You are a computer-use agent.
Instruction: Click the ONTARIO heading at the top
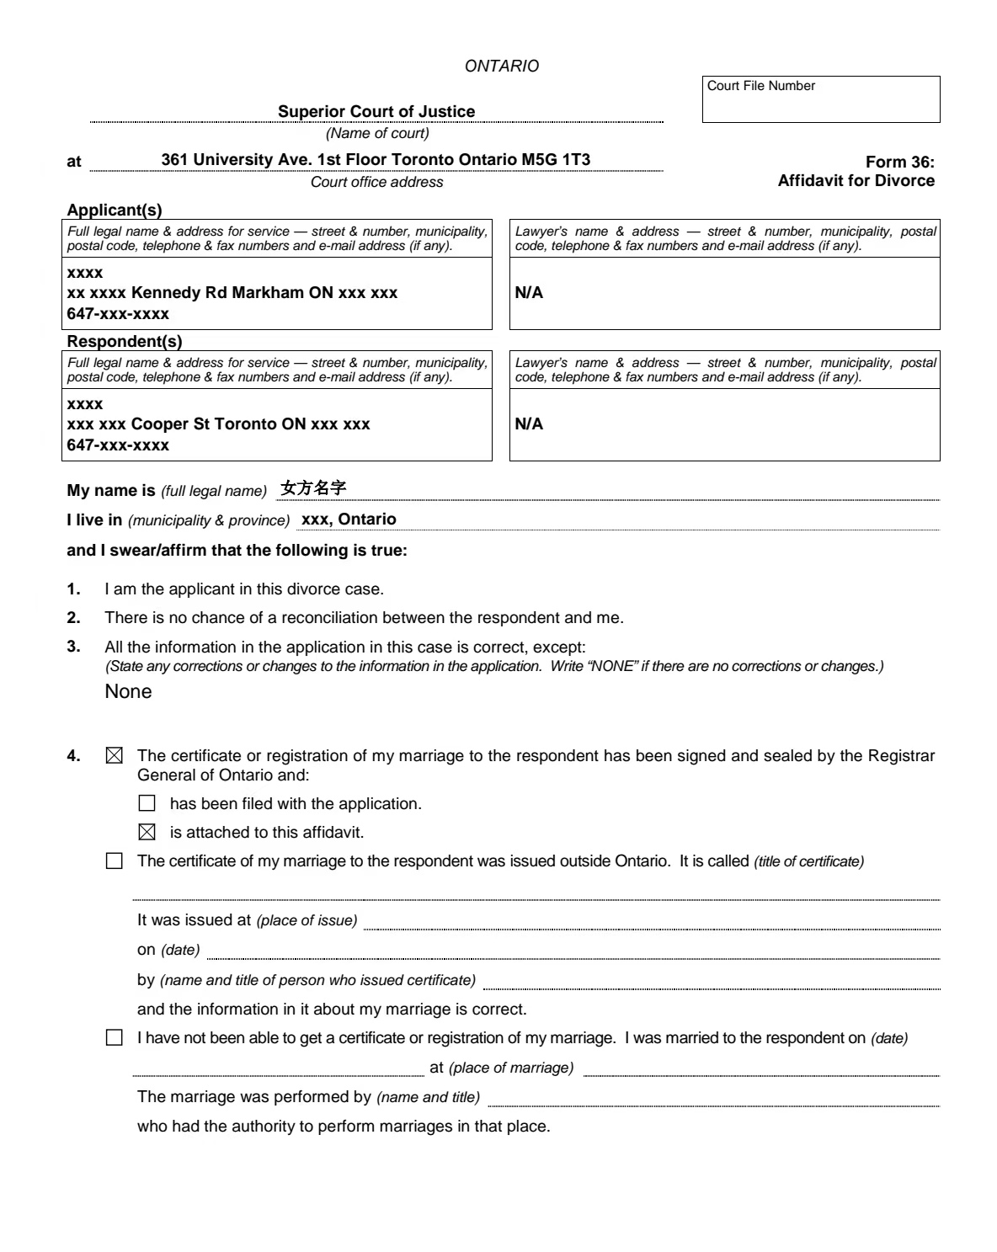tap(502, 66)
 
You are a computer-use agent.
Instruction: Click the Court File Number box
tap(820, 99)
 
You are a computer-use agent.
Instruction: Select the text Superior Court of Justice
tap(376, 111)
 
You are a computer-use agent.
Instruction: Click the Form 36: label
tap(899, 162)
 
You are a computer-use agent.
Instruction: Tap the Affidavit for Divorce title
tap(856, 180)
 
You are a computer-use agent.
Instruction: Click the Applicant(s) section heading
tap(115, 210)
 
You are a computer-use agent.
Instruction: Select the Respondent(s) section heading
tap(125, 342)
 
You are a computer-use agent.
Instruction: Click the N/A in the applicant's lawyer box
tap(529, 293)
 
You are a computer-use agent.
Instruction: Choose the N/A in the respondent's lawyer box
tap(529, 424)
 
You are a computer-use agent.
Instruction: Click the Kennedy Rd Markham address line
tap(232, 293)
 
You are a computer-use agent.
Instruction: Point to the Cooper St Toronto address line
tap(219, 424)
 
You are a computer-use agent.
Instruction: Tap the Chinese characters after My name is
tap(313, 489)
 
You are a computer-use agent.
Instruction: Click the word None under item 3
tap(128, 691)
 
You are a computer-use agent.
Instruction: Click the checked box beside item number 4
tap(115, 756)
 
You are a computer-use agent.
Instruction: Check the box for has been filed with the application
tap(147, 804)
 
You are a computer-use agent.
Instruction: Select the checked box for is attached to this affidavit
tap(147, 833)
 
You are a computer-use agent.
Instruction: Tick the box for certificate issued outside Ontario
tap(115, 861)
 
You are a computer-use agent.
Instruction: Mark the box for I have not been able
tap(115, 1038)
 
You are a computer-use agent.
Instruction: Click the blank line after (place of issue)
tap(652, 923)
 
